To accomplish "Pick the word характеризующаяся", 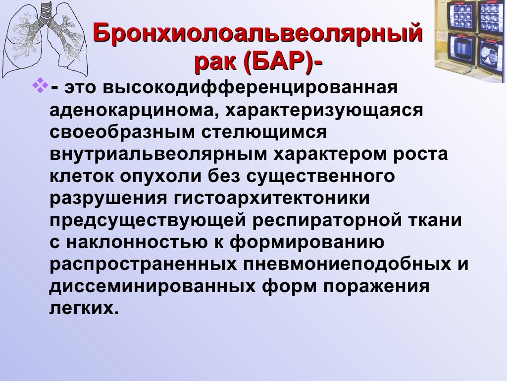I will point(325,111).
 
